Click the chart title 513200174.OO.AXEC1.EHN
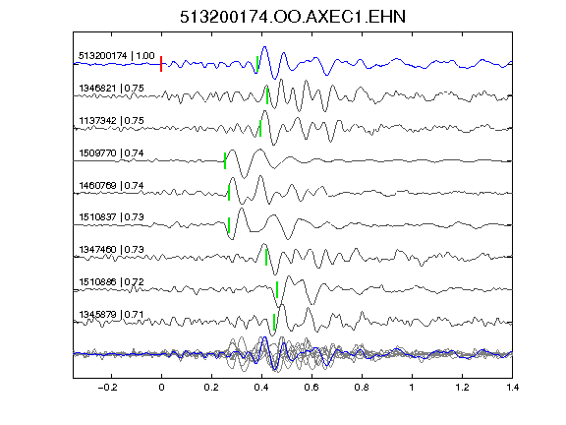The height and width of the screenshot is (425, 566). [x=293, y=17]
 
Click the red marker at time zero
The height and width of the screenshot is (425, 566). [x=161, y=64]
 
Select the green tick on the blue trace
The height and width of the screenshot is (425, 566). [x=257, y=64]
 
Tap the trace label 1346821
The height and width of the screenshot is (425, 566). [x=97, y=89]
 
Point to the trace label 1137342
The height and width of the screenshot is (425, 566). [x=97, y=120]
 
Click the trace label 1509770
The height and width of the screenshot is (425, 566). [x=97, y=152]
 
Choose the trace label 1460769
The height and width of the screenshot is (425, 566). [x=97, y=185]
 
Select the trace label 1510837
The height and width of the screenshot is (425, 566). [x=97, y=216]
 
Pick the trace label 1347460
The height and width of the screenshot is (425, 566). [x=97, y=249]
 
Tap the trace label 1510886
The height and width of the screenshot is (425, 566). [x=97, y=281]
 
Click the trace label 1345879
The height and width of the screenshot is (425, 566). [x=97, y=314]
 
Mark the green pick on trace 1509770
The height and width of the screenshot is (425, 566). [x=225, y=160]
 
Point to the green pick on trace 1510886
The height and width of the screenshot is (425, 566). [x=277, y=289]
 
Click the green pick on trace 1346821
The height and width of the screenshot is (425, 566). [x=267, y=95]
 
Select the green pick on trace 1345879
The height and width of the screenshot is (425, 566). [x=274, y=322]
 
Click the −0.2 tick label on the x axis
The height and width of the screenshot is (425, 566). [x=108, y=388]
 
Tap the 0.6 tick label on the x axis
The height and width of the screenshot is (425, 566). [x=311, y=388]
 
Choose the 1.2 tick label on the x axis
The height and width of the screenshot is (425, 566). [x=462, y=388]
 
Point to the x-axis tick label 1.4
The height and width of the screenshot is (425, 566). [x=512, y=388]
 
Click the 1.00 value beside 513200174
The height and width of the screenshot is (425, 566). [x=145, y=56]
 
